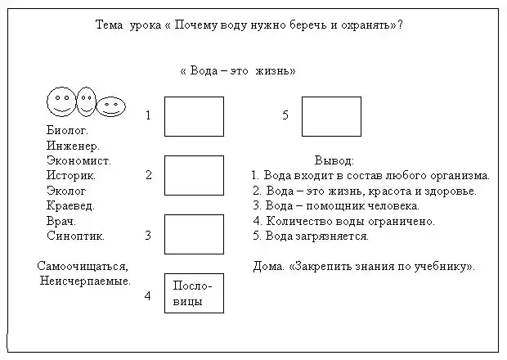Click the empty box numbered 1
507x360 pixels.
click(194, 116)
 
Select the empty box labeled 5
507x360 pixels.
click(331, 116)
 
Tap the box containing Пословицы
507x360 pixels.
click(194, 294)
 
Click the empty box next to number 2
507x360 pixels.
click(194, 175)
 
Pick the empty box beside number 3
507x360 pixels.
click(194, 234)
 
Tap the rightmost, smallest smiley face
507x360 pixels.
click(111, 106)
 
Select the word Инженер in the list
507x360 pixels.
click(73, 146)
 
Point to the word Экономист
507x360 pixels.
click(79, 160)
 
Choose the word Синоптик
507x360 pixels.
click(76, 236)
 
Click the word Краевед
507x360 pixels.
click(71, 205)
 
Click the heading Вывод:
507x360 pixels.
click(334, 160)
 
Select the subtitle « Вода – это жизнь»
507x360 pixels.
click(237, 71)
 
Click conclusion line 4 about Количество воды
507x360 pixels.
click(344, 221)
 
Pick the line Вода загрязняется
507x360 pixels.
click(312, 236)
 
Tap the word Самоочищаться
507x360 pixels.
click(83, 266)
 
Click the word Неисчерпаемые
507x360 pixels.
click(85, 281)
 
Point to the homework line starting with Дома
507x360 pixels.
click(365, 266)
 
